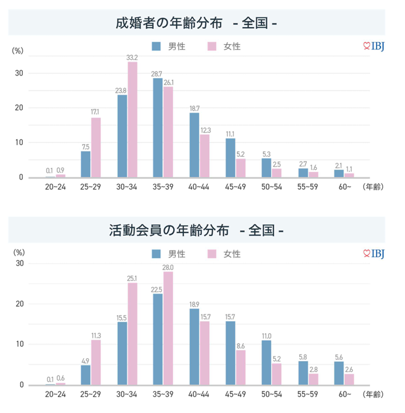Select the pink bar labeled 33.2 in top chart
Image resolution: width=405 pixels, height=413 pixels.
pos(132,120)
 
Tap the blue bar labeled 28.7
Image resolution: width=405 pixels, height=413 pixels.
pos(157,128)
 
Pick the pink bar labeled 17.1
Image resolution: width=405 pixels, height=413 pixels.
pos(96,147)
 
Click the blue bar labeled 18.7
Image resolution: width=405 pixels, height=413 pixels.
pos(194,145)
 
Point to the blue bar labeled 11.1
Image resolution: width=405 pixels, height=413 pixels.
pos(230,158)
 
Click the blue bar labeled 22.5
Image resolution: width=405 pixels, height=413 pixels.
pos(157,339)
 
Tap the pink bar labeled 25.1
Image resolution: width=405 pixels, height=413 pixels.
pos(132,334)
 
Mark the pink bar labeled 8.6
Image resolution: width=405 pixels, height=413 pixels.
pos(241,367)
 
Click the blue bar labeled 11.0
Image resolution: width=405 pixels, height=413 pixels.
pos(267,362)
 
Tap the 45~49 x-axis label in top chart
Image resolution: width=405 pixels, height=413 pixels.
pos(236,187)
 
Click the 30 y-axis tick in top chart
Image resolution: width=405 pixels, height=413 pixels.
pos(19,73)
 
